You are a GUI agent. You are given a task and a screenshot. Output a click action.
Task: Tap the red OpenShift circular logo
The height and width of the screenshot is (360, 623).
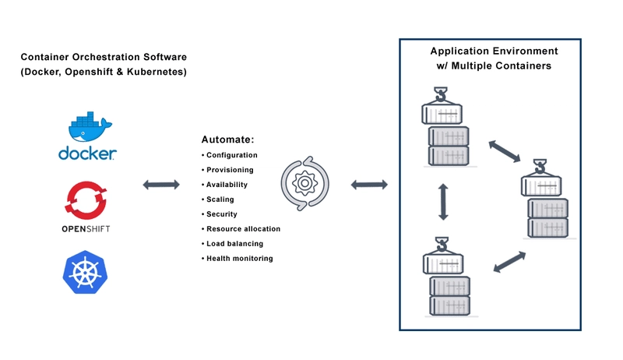86,200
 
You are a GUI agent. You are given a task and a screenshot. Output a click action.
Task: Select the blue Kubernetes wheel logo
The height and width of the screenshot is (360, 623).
86,272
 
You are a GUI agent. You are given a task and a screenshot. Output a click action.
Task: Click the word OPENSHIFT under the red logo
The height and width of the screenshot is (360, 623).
86,229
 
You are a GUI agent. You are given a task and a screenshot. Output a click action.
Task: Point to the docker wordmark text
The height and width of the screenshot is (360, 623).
87,154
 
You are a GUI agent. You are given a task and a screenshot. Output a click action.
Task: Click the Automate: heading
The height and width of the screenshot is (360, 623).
227,139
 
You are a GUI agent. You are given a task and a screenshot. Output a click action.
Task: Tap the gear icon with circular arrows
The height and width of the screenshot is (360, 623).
304,183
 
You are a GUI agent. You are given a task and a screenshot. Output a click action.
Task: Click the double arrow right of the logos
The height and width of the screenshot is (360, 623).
161,185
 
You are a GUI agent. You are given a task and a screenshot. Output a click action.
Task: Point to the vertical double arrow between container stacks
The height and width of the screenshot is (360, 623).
443,202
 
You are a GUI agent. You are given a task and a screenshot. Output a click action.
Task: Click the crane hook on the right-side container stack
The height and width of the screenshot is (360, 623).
540,167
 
